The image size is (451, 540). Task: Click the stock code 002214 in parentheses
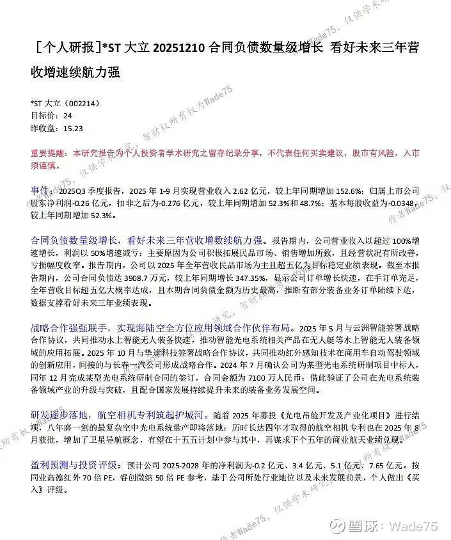tap(83, 104)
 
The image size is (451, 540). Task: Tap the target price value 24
tap(68, 116)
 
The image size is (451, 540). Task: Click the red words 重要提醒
tap(47, 154)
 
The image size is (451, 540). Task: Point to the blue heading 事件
tap(40, 190)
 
